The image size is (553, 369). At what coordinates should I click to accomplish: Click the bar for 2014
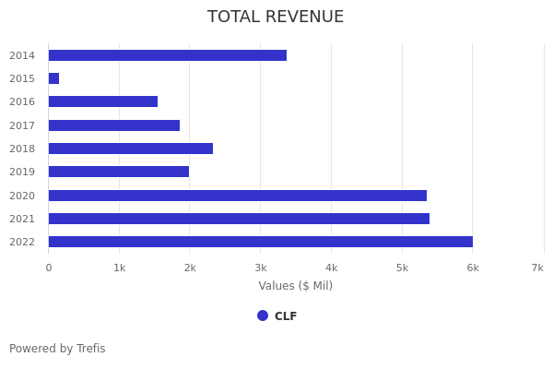coord(167,55)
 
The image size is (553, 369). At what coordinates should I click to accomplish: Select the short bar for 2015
coord(53,78)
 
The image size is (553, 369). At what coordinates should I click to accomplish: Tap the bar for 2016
coord(102,101)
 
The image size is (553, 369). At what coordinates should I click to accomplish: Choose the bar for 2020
coord(237,196)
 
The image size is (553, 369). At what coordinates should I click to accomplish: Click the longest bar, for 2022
coord(260,242)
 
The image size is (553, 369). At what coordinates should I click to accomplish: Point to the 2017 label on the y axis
coord(22,125)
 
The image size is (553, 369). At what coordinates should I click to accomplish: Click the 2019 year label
coord(22,172)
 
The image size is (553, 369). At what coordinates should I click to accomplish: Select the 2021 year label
coord(22,219)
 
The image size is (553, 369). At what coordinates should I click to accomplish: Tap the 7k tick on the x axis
coord(537,268)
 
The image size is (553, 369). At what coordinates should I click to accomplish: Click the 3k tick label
coord(261,268)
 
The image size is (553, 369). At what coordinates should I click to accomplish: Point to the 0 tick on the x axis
coord(49,268)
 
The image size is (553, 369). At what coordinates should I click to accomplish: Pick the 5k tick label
coord(402,268)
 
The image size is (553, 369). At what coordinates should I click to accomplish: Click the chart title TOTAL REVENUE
coord(276,18)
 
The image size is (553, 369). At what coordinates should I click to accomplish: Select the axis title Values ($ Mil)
coord(295,286)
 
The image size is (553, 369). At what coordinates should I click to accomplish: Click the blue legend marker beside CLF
coord(263,315)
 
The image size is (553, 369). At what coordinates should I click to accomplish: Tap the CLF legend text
coord(286,316)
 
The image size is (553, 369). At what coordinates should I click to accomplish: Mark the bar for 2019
coord(118,172)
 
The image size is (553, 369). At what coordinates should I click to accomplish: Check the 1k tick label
coord(119,268)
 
